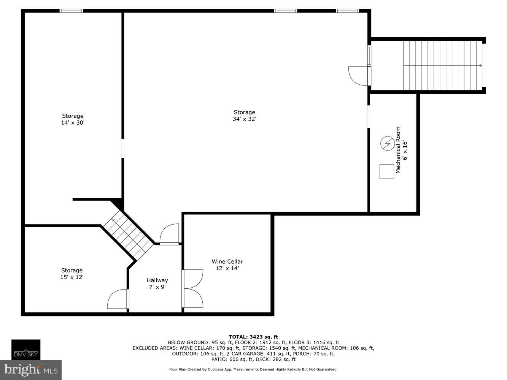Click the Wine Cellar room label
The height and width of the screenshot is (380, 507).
[x=227, y=261]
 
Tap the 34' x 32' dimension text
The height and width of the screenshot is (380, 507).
[x=244, y=119]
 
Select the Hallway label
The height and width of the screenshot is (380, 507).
[x=157, y=280]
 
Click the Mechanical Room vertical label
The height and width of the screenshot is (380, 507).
[x=398, y=150]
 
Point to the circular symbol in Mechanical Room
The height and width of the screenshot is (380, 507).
[x=387, y=143]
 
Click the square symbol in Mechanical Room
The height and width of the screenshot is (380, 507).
[x=387, y=171]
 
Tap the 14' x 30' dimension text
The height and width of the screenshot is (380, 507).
[x=73, y=123]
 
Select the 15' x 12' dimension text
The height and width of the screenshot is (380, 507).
[x=72, y=277]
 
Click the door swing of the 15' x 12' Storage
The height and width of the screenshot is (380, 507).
[x=118, y=299]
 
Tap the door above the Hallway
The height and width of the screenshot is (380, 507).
[x=169, y=235]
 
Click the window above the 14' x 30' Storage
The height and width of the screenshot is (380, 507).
[x=71, y=11]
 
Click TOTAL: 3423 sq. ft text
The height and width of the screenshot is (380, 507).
[x=253, y=337]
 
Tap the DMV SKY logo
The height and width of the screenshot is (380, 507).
[x=26, y=349]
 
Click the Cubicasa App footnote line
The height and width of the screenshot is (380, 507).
[x=253, y=369]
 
